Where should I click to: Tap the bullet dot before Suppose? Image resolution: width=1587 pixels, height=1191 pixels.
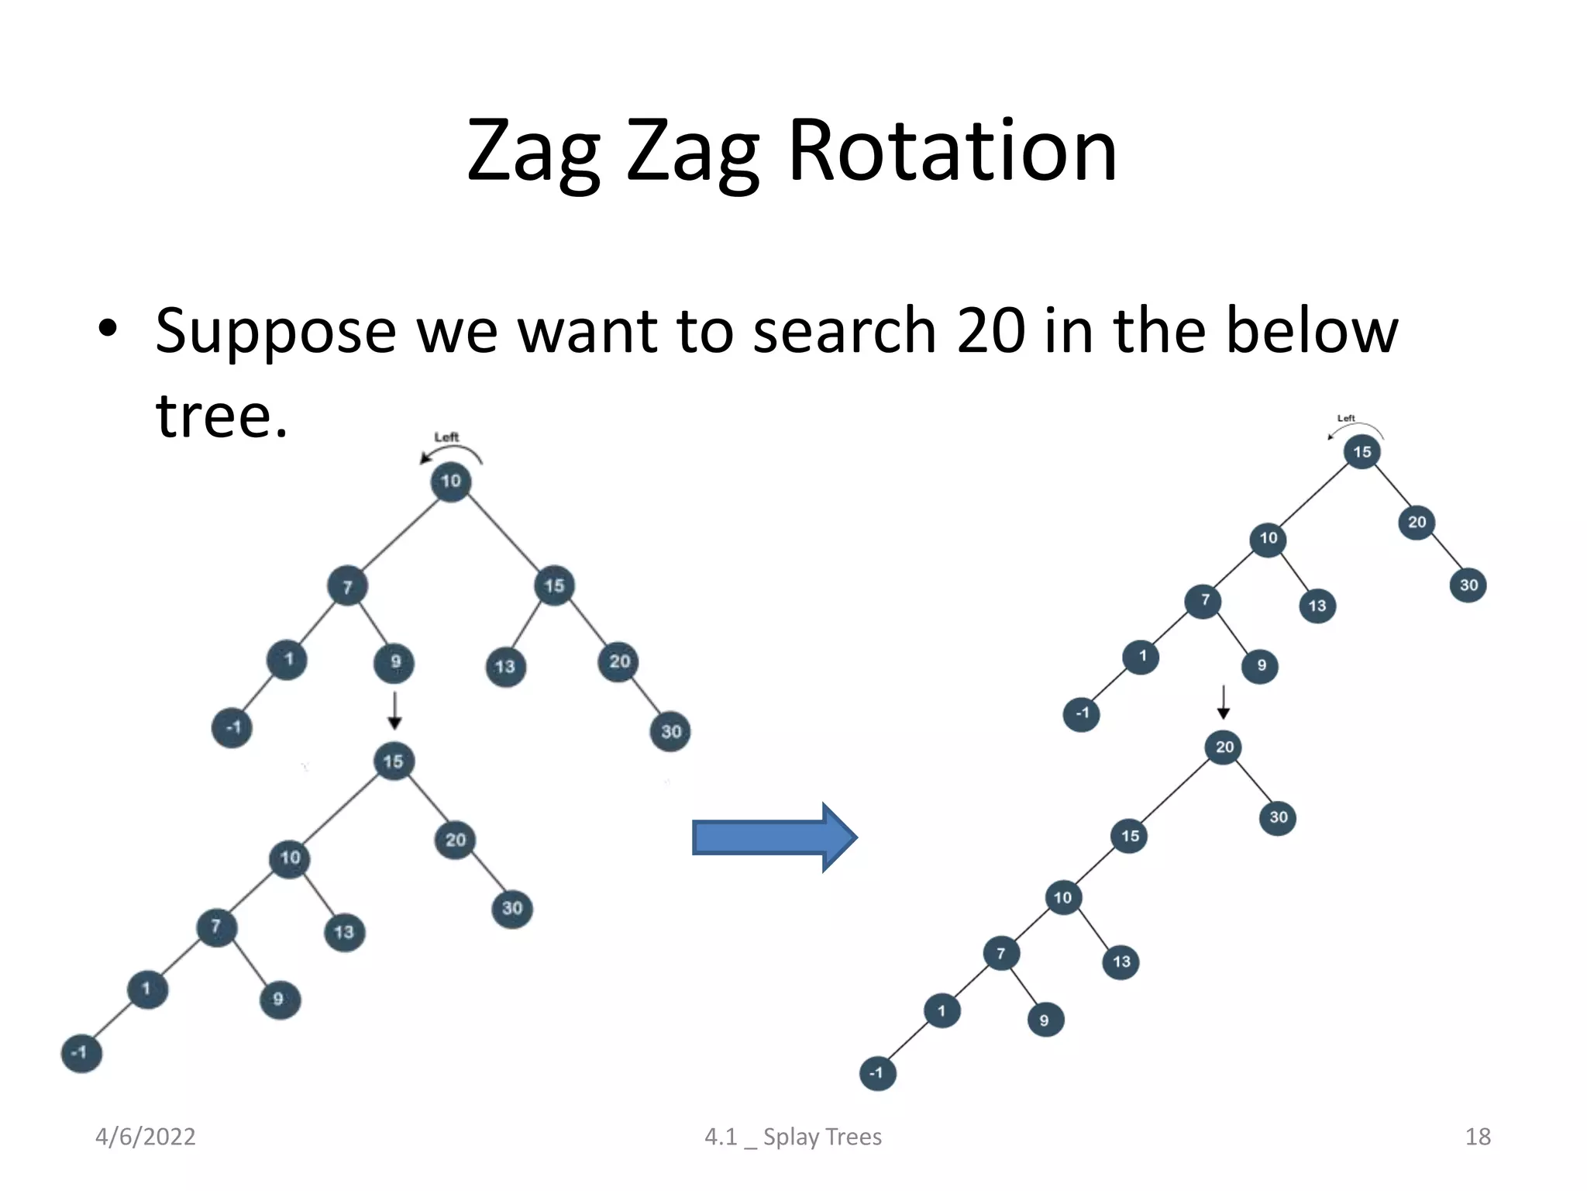pos(108,329)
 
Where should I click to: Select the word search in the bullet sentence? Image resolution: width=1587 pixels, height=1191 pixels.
pos(845,331)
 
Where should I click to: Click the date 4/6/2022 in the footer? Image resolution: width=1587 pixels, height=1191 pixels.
pos(145,1137)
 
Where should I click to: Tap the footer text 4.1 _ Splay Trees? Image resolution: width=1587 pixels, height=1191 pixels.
pos(793,1137)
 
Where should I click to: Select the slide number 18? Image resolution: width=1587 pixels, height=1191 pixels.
pos(1477,1137)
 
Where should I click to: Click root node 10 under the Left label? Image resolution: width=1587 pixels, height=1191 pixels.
pos(451,482)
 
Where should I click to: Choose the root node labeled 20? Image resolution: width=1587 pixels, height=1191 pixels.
pos(1224,747)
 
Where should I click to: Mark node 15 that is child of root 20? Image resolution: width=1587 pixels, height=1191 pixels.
pos(1130,836)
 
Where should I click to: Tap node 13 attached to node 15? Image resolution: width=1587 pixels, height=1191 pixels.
pos(505,667)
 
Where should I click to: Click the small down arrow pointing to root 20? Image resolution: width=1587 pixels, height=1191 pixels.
pos(1223,702)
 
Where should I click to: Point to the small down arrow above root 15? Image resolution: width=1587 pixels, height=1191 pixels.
pos(394,710)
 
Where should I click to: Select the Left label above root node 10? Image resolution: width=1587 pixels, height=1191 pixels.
pos(446,437)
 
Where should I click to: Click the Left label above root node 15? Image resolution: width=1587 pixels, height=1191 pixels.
pos(1346,419)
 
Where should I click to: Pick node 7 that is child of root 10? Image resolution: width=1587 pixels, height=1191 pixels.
pos(347,587)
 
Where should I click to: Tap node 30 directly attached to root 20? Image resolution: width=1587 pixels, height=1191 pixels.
pos(1278,817)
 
